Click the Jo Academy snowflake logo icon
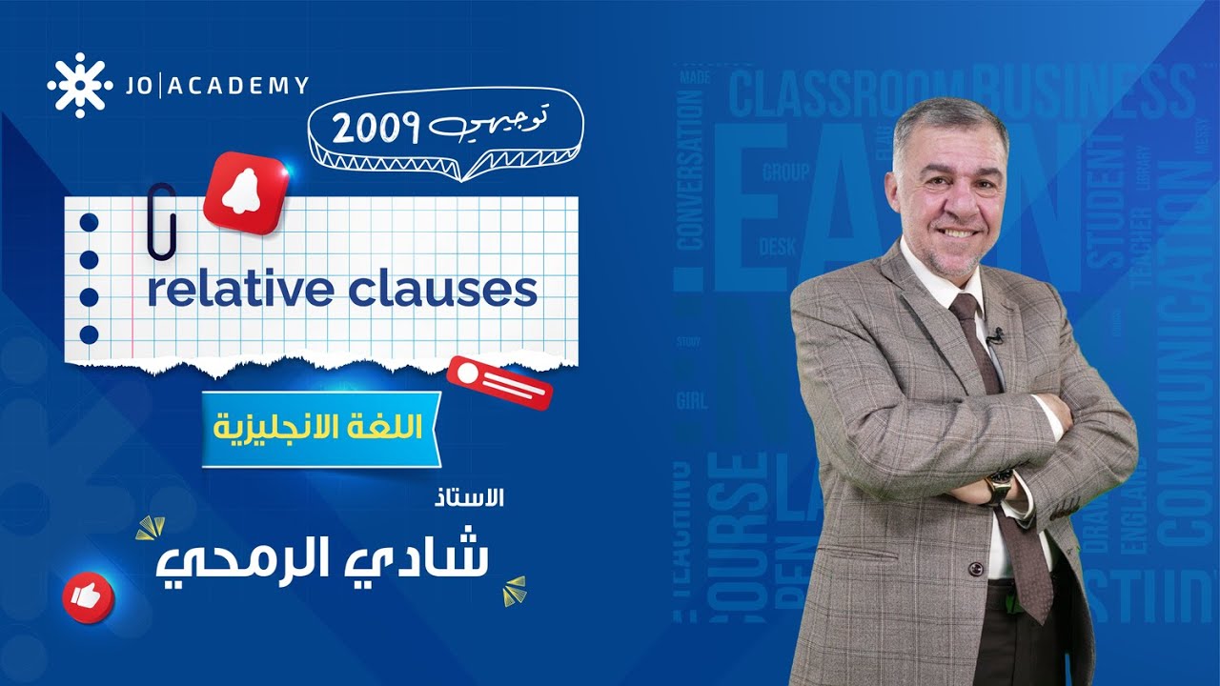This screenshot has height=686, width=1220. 80,86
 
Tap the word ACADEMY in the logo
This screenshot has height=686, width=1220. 239,86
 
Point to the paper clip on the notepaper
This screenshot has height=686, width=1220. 161,220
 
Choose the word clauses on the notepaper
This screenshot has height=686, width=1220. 442,290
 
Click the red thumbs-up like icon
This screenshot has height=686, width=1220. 88,597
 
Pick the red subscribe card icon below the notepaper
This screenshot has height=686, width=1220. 499,382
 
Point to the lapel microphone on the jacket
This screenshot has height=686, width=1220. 995,335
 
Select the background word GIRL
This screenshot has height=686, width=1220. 692,400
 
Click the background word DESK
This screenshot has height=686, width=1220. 778,248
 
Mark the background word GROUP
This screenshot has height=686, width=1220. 785,172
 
